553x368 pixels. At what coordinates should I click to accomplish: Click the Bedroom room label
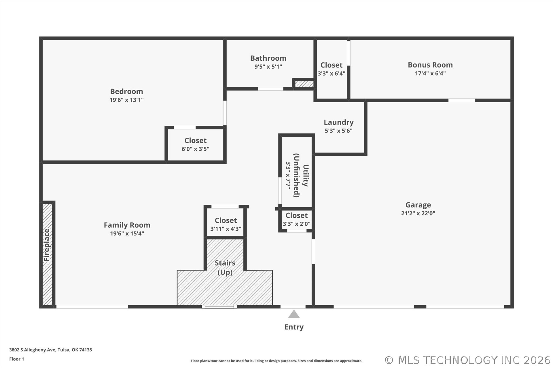coord(126,91)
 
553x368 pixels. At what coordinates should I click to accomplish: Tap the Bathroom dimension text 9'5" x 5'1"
coord(268,67)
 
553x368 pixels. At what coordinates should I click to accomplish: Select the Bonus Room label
coord(430,65)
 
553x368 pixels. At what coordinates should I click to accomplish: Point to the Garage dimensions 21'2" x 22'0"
coord(418,213)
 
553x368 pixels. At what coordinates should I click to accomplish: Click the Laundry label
coord(339,122)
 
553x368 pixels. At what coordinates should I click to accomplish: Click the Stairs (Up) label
coord(225,268)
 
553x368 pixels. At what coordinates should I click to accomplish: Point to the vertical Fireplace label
coord(47,245)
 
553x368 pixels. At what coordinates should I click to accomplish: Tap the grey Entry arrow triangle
coord(294,314)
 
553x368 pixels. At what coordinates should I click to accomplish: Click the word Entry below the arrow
coord(294,327)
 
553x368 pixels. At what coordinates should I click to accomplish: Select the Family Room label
coord(127,225)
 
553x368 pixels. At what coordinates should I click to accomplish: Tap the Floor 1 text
coord(17,359)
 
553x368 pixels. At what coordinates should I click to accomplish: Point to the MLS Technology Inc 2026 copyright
coord(468,360)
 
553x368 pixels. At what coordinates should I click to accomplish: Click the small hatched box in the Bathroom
coord(304,84)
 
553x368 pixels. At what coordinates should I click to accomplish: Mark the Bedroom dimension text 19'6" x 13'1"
coord(126,100)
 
